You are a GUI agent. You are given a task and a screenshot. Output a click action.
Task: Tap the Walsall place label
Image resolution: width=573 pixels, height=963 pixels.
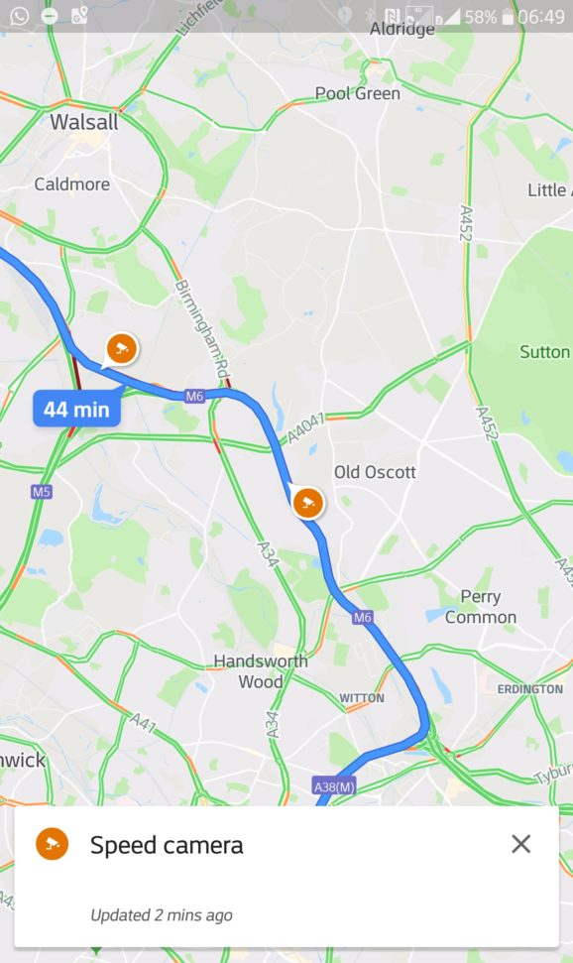[84, 123]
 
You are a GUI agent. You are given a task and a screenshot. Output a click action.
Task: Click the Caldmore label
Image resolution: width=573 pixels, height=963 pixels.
[71, 184]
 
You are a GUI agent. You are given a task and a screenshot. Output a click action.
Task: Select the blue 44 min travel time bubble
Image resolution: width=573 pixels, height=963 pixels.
[76, 409]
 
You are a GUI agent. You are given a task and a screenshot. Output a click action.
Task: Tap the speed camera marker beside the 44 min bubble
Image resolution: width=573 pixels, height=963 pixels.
[121, 348]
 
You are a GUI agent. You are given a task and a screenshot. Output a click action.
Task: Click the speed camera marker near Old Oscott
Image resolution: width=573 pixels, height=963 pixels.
[308, 502]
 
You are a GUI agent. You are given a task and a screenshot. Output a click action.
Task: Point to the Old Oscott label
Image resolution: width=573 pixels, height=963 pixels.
[375, 472]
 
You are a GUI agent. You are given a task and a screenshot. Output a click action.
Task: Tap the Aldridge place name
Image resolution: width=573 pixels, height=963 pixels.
[402, 30]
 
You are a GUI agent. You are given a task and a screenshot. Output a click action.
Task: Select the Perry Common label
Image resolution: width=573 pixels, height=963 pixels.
[481, 607]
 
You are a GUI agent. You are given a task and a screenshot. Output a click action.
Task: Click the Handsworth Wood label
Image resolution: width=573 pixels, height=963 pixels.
[260, 671]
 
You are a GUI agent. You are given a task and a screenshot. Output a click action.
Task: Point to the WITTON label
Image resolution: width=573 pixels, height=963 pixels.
[362, 698]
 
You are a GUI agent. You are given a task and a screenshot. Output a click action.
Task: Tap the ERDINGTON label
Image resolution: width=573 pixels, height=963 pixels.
[529, 688]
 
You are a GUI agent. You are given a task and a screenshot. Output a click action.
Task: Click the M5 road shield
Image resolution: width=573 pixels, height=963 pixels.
[41, 492]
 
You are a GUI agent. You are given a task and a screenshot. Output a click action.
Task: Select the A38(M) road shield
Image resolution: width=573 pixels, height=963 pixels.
[333, 786]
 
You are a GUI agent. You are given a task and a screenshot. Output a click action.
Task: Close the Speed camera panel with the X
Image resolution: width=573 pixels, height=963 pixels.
[520, 844]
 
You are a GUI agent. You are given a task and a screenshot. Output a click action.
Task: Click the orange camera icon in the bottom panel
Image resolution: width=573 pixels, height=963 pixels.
[53, 844]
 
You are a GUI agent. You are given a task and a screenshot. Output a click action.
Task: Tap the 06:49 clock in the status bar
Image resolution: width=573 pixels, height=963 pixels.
[540, 17]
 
